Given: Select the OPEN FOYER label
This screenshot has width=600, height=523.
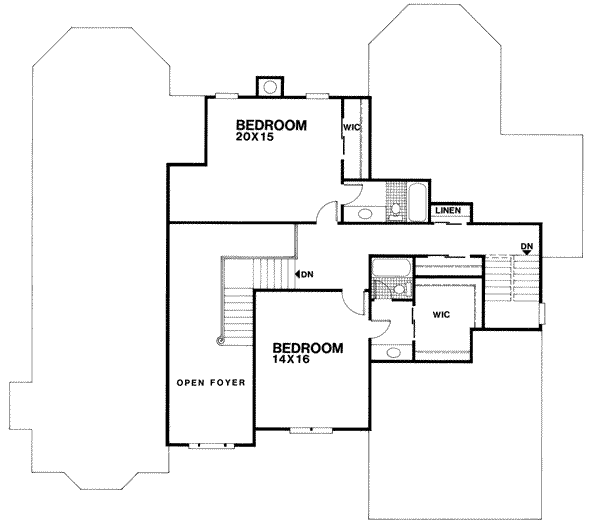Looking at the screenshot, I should [x=211, y=383].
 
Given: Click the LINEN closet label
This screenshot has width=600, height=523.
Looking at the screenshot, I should [x=447, y=210].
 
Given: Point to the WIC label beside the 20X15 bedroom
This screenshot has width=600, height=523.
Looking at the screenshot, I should [x=351, y=128].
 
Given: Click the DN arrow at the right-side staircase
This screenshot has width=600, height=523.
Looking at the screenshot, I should [x=526, y=248].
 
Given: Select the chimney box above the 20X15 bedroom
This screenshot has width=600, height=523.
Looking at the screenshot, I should [x=269, y=86].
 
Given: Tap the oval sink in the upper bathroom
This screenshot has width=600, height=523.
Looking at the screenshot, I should [x=361, y=213].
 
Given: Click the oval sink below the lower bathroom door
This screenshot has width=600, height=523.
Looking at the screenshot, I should [x=391, y=352].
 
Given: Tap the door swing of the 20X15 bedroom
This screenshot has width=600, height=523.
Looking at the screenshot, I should [x=326, y=212].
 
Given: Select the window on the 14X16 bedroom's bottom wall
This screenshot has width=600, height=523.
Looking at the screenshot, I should [x=299, y=430].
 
